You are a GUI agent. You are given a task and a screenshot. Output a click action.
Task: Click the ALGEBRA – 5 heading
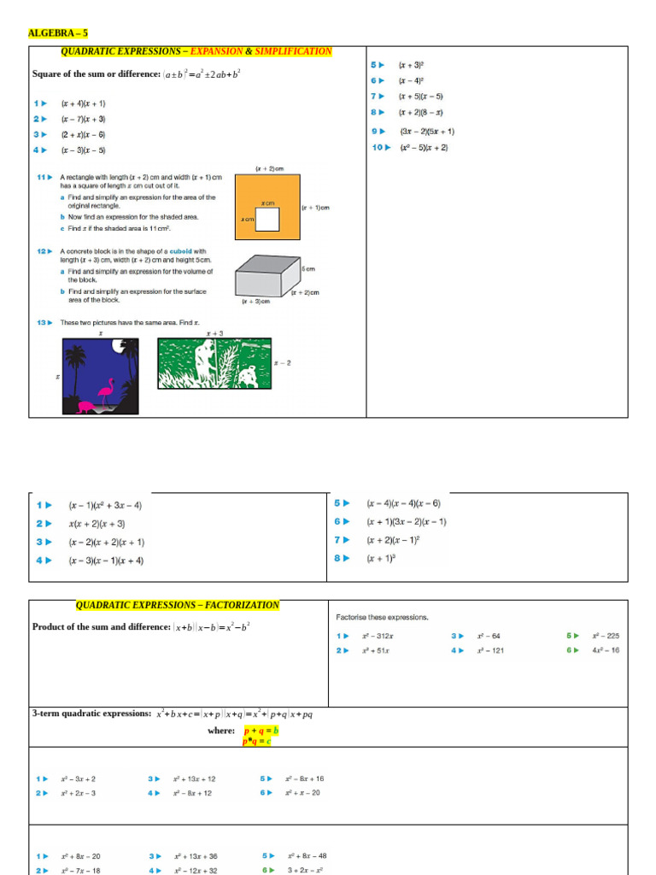tap(58, 33)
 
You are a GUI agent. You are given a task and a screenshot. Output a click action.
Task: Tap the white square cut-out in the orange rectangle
tap(268, 220)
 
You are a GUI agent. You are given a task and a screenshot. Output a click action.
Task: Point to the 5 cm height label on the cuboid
tap(309, 268)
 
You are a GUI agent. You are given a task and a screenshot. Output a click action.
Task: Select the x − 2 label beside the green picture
tap(282, 363)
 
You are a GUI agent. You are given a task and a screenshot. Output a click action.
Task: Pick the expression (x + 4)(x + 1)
tap(84, 103)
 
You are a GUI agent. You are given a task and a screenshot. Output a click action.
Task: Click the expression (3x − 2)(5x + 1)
tap(427, 132)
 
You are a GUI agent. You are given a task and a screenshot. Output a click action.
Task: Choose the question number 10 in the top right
tap(380, 148)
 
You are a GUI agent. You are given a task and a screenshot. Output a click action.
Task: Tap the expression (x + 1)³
tap(382, 558)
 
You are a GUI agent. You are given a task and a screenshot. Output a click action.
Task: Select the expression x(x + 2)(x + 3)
tap(97, 524)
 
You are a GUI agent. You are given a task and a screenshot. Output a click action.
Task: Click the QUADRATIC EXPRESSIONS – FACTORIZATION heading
tap(178, 605)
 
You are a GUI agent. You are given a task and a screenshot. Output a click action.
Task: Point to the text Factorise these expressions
tap(382, 617)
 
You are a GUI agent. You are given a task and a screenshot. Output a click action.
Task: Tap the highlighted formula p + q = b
tap(261, 731)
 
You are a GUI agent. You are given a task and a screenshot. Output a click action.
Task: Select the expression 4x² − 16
tap(606, 650)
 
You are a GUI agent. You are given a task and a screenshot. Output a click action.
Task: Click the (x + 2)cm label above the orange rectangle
tap(269, 169)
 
